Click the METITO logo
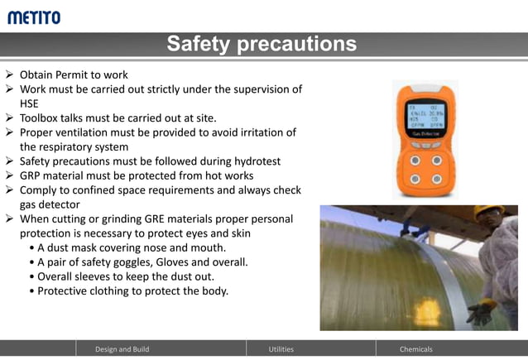(x=34, y=17)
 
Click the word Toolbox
(x=42, y=118)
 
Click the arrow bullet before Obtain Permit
(x=9, y=74)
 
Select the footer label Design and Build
(x=122, y=349)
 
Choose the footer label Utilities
(x=281, y=349)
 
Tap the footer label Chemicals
(x=416, y=349)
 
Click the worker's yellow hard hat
(x=488, y=213)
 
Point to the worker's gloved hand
(x=480, y=312)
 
